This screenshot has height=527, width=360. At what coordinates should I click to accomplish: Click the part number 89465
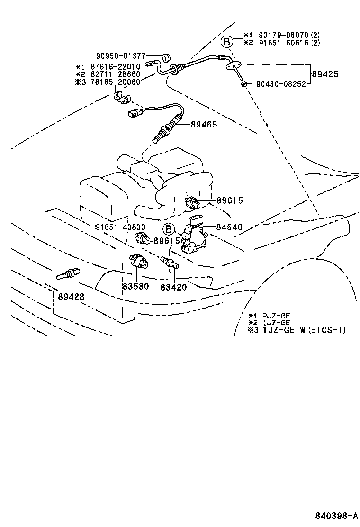click(204, 124)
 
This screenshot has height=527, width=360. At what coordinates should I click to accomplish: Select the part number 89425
click(325, 74)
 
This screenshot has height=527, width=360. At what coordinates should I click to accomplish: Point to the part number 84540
click(229, 227)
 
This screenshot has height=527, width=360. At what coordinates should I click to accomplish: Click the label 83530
click(135, 286)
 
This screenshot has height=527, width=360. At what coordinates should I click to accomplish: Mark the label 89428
click(71, 297)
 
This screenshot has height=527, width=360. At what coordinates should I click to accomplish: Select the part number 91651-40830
click(120, 227)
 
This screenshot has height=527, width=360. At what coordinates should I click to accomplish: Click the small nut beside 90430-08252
click(243, 84)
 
